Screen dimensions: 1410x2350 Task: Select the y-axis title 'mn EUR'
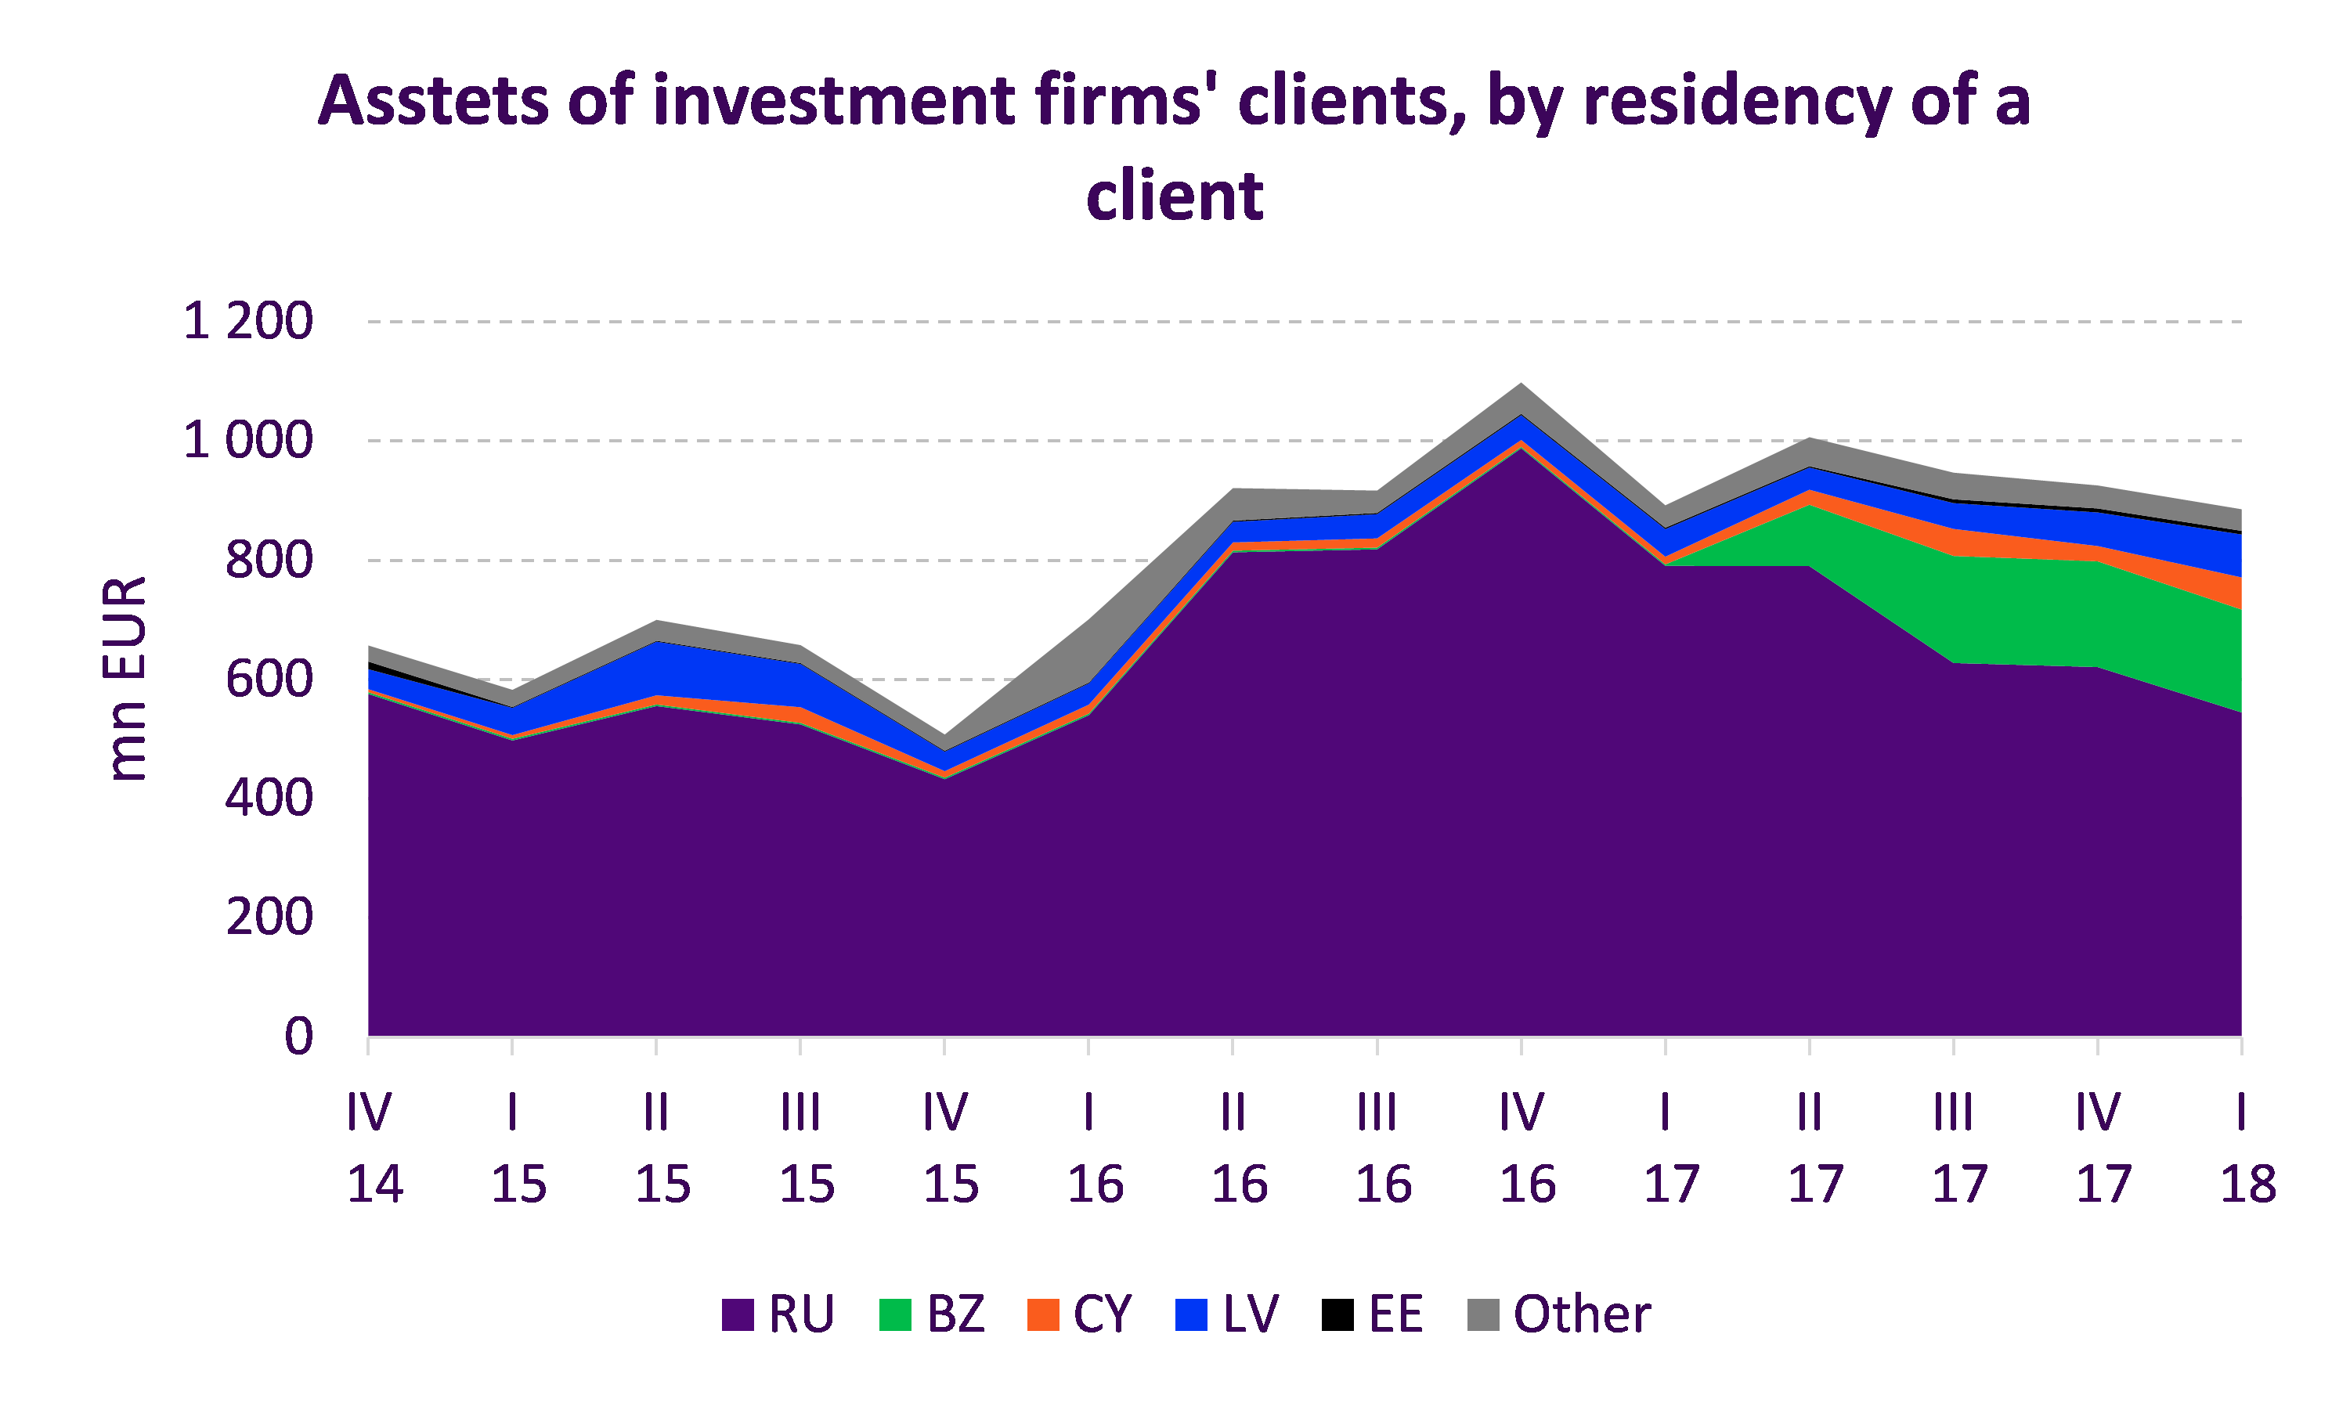(x=125, y=679)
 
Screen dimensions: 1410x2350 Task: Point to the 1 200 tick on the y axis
(x=248, y=321)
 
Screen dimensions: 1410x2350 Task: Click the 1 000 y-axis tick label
(x=248, y=441)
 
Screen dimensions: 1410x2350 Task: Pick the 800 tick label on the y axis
(x=269, y=561)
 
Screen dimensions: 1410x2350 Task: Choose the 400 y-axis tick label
(x=269, y=798)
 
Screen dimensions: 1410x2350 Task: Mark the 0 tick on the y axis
(x=298, y=1036)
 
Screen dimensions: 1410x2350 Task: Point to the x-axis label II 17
(x=1812, y=1148)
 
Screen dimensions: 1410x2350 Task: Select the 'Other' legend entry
(x=1558, y=1314)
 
